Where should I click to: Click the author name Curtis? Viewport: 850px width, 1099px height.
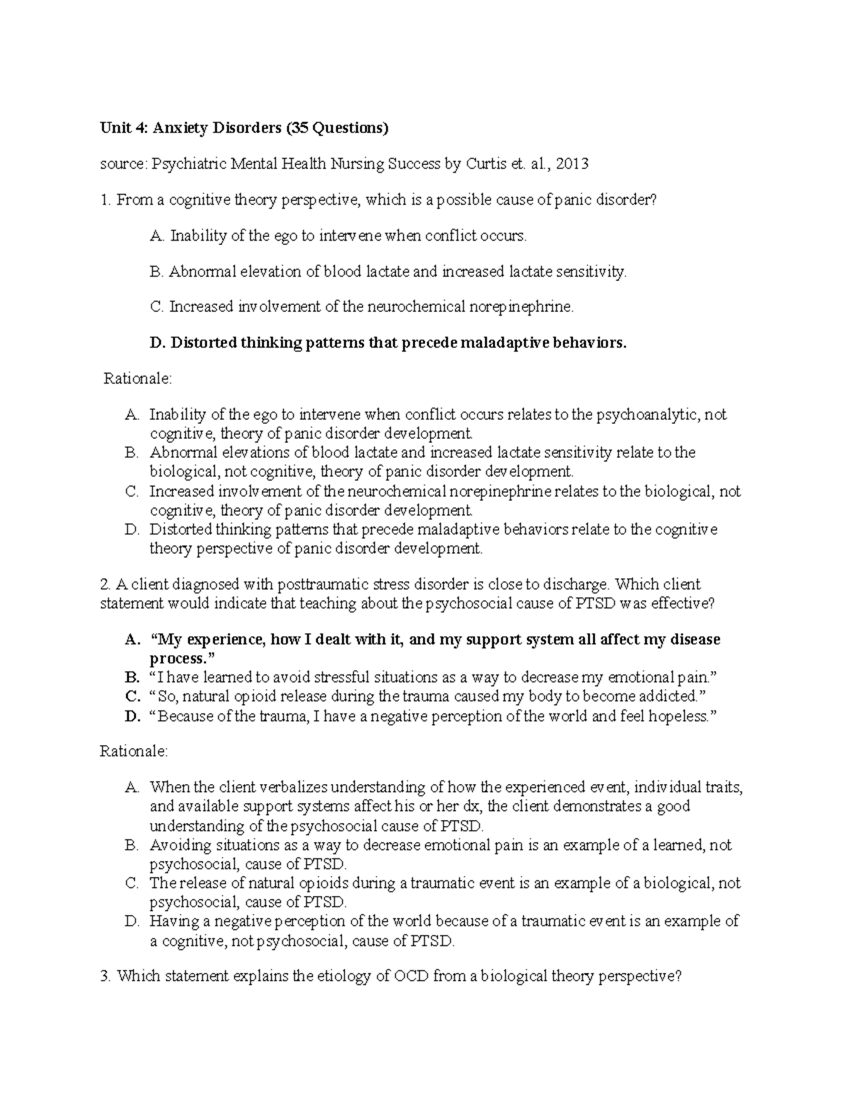[486, 164]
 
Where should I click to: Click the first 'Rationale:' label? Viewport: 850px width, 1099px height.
[137, 379]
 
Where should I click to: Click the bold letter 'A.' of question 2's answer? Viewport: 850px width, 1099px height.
[131, 640]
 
